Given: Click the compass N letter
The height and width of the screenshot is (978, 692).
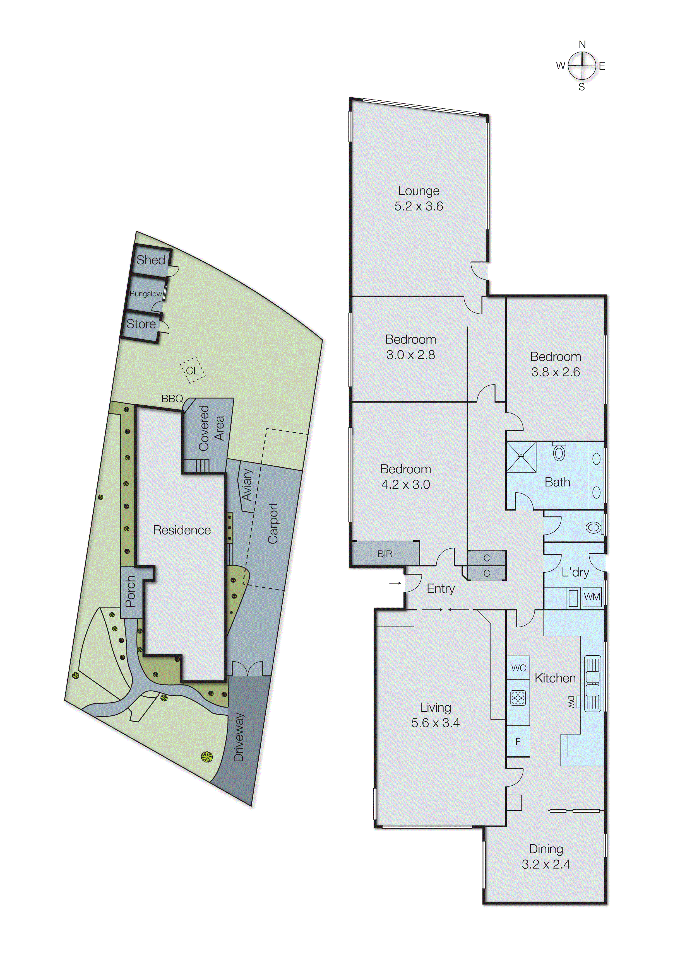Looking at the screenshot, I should [582, 44].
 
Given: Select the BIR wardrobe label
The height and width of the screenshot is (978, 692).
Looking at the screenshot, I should [385, 554].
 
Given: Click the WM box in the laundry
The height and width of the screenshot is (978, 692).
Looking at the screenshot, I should [592, 597].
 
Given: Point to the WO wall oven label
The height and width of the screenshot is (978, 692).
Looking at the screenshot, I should [518, 668].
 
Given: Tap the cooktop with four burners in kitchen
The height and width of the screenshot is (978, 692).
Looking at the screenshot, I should [518, 698].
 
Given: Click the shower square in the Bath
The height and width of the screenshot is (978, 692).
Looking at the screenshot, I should [521, 457].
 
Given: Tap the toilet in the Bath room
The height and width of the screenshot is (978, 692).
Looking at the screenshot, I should [559, 453].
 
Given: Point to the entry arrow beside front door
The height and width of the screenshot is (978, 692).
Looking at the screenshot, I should [395, 583].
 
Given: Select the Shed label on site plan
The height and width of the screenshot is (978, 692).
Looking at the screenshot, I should [150, 260].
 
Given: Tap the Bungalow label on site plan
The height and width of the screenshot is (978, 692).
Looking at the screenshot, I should [146, 294].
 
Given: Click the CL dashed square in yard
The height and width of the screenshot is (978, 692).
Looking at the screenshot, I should [192, 370].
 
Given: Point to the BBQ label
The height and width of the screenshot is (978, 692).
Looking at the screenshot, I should [172, 398].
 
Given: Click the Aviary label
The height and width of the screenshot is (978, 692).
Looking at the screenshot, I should [247, 485].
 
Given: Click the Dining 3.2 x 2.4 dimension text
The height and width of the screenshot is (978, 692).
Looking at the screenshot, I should [546, 864].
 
